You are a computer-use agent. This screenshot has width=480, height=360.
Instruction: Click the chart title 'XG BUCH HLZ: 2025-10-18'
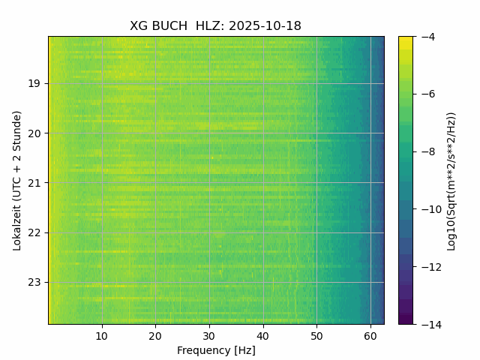pyautogui.click(x=215, y=26)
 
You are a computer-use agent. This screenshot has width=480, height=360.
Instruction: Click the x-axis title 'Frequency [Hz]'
pyautogui.click(x=216, y=350)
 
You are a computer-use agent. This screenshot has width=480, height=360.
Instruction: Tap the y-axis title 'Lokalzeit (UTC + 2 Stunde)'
pyautogui.click(x=17, y=180)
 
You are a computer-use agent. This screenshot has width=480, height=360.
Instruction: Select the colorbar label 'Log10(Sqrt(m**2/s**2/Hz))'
pyautogui.click(x=451, y=180)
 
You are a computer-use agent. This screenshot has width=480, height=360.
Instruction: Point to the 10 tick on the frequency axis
pyautogui.click(x=102, y=334)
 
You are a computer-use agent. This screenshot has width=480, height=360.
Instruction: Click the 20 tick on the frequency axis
pyautogui.click(x=155, y=334)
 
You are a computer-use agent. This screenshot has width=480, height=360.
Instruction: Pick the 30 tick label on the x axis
pyautogui.click(x=209, y=334)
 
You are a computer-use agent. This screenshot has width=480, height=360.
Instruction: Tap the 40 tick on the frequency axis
pyautogui.click(x=262, y=334)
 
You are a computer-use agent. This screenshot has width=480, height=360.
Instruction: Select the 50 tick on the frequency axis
pyautogui.click(x=316, y=334)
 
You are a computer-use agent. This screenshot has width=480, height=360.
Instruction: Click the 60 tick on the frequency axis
pyautogui.click(x=370, y=334)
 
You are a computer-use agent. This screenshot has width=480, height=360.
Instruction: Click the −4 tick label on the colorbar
pyautogui.click(x=427, y=37)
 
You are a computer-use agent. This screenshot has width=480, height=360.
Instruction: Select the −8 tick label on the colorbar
pyautogui.click(x=427, y=151)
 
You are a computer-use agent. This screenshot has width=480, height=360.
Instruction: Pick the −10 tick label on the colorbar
pyautogui.click(x=430, y=209)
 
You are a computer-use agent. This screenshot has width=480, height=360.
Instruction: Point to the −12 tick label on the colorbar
pyautogui.click(x=430, y=267)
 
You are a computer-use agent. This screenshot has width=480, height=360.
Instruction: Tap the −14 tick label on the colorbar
pyautogui.click(x=430, y=324)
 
